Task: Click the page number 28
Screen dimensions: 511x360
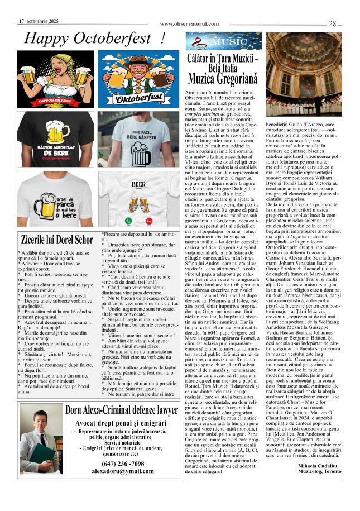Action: (x=332, y=23)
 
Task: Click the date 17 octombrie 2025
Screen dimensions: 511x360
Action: (x=39, y=21)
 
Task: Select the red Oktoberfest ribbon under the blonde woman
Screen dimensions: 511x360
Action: (x=47, y=101)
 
